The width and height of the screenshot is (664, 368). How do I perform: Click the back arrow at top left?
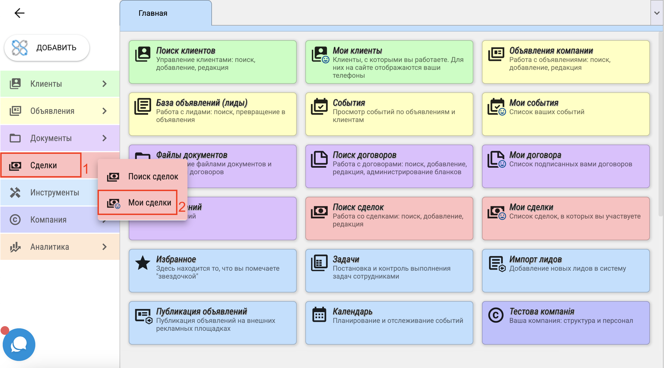pos(19,13)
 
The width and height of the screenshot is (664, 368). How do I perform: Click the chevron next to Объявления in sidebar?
pos(105,111)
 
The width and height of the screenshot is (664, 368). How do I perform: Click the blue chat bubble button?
pos(19,344)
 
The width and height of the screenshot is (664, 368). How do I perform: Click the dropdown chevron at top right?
pos(657,13)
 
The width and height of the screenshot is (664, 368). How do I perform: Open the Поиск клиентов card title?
pos(186,51)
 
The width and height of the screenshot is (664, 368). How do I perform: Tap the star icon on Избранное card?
pos(143,263)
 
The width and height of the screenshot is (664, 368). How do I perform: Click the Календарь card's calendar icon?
pos(319,315)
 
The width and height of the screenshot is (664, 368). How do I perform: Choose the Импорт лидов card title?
pos(535,259)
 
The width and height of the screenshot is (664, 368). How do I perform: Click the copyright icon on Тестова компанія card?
pos(496,315)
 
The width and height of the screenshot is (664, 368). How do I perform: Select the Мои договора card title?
pos(535,155)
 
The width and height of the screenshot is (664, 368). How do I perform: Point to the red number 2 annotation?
pos(182,207)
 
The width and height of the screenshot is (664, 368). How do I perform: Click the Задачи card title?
pos(346,259)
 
